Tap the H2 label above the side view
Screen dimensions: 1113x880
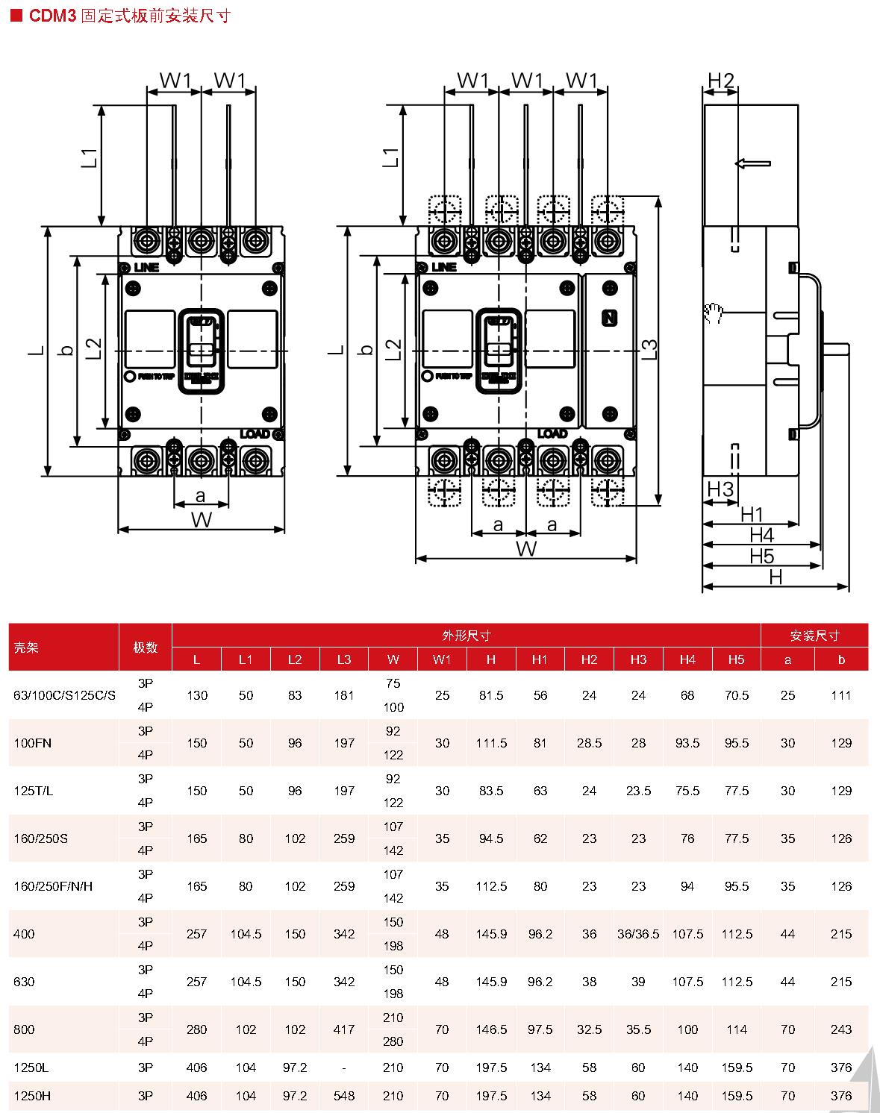pyautogui.click(x=721, y=80)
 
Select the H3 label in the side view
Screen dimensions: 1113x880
pyautogui.click(x=720, y=489)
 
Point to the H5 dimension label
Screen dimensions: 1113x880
pyautogui.click(x=762, y=556)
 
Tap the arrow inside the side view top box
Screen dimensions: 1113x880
pyautogui.click(x=752, y=163)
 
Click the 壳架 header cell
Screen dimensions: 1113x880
pyautogui.click(x=26, y=648)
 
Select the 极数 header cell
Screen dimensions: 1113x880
pyautogui.click(x=146, y=648)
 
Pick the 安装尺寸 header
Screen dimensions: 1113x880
pyautogui.click(x=814, y=636)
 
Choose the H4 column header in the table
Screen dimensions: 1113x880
pyautogui.click(x=687, y=659)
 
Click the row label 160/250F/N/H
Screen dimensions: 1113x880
pyautogui.click(x=53, y=886)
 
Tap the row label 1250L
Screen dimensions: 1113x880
pyautogui.click(x=31, y=1067)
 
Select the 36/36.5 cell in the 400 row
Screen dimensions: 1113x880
pyautogui.click(x=638, y=934)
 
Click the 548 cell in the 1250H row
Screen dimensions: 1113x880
pyautogui.click(x=344, y=1096)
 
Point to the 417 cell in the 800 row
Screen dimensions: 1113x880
pyautogui.click(x=344, y=1029)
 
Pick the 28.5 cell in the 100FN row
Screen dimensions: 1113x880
pyautogui.click(x=589, y=743)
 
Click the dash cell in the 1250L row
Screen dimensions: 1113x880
pyautogui.click(x=344, y=1067)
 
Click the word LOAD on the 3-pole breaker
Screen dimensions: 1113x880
pyautogui.click(x=255, y=433)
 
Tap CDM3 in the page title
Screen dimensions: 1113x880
pyautogui.click(x=53, y=16)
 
